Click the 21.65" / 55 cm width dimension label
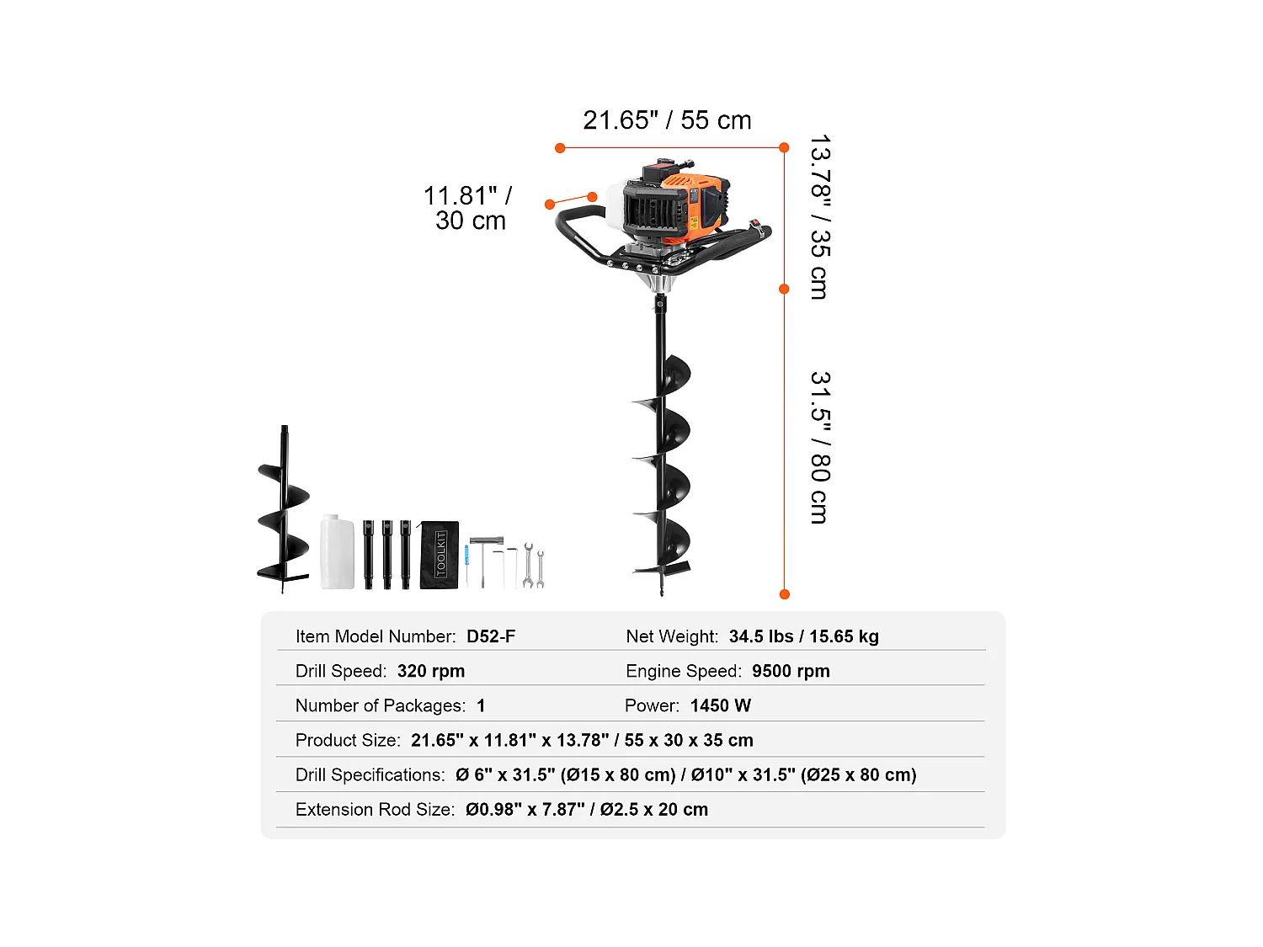click(667, 120)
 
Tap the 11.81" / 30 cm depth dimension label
click(468, 208)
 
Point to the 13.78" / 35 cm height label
click(819, 217)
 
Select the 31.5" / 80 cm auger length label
click(819, 447)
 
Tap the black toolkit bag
click(440, 555)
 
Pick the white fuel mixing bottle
click(337, 553)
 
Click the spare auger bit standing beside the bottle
click(284, 513)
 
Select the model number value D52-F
click(491, 636)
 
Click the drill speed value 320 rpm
click(430, 671)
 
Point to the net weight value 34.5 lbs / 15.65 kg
click(803, 636)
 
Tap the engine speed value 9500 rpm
click(791, 671)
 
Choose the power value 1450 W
click(720, 705)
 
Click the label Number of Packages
click(380, 705)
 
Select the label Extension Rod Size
click(375, 809)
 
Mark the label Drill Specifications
click(370, 774)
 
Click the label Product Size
click(348, 740)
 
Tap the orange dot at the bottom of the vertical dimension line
click(785, 594)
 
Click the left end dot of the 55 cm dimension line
click(560, 148)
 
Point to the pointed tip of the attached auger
click(662, 593)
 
